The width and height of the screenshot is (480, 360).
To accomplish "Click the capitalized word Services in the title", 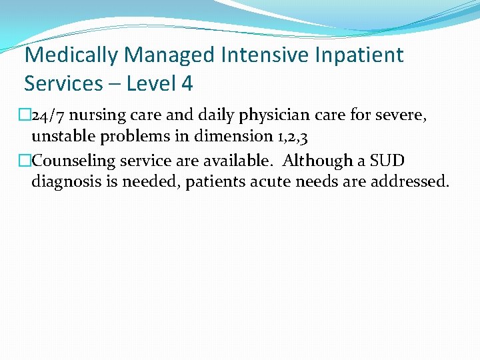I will point(63,83).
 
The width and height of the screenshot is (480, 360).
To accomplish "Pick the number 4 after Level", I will point(185,83).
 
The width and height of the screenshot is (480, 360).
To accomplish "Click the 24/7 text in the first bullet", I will point(45,115).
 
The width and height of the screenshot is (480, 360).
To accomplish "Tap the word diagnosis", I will point(66,182).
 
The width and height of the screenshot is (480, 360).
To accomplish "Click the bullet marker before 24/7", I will point(25,115).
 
